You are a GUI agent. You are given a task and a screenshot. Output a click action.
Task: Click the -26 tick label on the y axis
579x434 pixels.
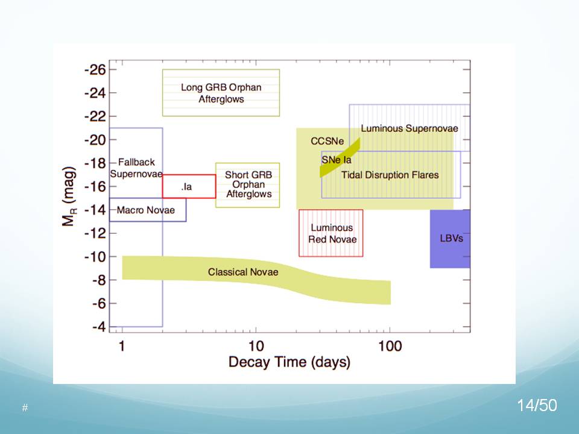coord(95,70)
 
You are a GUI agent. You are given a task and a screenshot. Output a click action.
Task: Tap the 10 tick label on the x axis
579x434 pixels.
coord(256,347)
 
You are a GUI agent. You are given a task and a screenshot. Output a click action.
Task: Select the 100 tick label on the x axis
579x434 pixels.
coord(390,347)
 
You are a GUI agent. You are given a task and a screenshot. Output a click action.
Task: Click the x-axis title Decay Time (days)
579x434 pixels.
coord(289,362)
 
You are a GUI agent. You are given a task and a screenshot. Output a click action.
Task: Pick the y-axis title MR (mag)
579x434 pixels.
coord(69,198)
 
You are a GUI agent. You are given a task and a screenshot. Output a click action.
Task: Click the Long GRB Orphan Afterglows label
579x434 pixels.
coord(221,93)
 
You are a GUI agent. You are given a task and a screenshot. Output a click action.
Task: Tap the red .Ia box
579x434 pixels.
coord(189,186)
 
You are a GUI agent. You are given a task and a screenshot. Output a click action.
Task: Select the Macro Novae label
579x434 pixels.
coord(145,210)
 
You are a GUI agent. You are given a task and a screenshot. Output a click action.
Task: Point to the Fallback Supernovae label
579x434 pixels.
coord(136,168)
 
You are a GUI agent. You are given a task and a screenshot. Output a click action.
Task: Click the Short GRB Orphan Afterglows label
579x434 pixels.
coord(248,184)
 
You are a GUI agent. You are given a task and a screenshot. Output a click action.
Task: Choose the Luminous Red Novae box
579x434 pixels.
coord(331,233)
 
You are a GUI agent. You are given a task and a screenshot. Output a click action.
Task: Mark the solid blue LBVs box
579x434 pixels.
coord(451,239)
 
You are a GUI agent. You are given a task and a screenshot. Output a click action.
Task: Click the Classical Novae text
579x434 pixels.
coord(243,272)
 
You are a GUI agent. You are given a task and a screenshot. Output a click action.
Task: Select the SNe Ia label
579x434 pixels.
coord(336,160)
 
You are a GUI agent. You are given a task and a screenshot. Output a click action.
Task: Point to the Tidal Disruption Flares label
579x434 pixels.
coord(390,175)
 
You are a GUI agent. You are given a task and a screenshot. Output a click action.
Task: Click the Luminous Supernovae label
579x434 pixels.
coord(409,128)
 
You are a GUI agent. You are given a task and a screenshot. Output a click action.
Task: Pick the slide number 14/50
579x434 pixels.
coord(537,406)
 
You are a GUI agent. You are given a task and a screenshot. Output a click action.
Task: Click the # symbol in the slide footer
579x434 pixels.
coord(25,408)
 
